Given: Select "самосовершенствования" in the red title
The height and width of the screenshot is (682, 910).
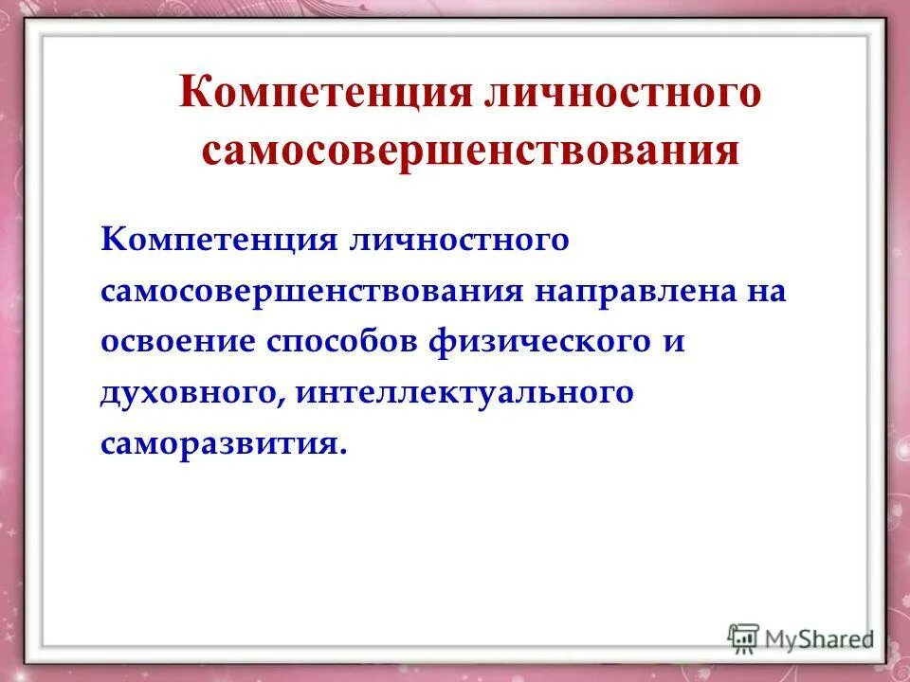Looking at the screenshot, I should [470, 151].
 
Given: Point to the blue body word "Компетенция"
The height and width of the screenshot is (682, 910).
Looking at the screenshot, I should [219, 240].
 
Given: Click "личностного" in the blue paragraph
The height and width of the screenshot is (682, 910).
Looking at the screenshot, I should [461, 240].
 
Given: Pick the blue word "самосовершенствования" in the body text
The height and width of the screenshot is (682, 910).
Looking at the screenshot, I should [312, 291].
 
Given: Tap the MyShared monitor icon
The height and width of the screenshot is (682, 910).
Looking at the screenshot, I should [744, 637].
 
